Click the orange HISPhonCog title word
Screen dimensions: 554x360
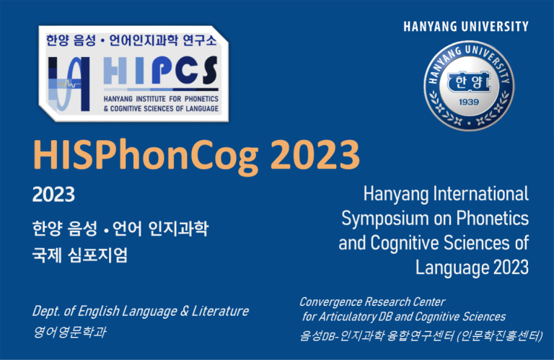146,155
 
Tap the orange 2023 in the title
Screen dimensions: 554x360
315,154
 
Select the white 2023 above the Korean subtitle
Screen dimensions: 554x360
53,194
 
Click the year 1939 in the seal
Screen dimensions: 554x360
469,102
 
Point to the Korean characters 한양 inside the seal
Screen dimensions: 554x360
469,83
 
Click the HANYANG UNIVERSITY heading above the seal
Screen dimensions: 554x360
466,27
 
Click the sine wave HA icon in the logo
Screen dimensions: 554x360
69,84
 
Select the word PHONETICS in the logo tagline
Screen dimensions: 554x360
201,99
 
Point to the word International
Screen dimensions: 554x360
481,193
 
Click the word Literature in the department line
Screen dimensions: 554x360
220,311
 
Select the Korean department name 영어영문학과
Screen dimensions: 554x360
69,332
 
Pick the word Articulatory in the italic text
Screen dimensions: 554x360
348,317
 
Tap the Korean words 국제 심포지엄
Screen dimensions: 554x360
80,255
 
